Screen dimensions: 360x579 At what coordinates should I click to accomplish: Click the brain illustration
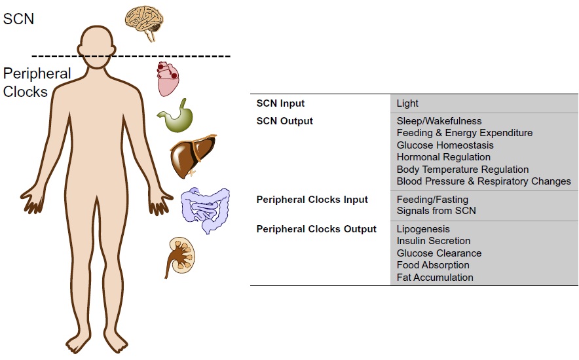pyautogui.click(x=147, y=22)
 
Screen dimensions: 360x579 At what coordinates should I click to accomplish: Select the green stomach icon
pyautogui.click(x=176, y=117)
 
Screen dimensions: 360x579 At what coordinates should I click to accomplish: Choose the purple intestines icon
pyautogui.click(x=205, y=210)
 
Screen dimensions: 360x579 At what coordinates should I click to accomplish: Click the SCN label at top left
pyautogui.click(x=18, y=18)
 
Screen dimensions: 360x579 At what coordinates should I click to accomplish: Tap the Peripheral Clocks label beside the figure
pyautogui.click(x=36, y=82)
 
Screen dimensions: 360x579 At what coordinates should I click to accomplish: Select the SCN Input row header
pyautogui.click(x=280, y=103)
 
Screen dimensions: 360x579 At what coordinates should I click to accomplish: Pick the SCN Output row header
pyautogui.click(x=284, y=121)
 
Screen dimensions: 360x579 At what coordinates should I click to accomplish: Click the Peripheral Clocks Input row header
pyautogui.click(x=312, y=200)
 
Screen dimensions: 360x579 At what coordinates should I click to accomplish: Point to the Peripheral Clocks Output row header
pyautogui.click(x=316, y=229)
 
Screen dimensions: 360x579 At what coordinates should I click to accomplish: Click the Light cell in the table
pyautogui.click(x=407, y=103)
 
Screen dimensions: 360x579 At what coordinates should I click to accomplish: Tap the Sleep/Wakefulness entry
pyautogui.click(x=439, y=121)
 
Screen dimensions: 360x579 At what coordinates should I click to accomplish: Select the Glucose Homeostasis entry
pyautogui.click(x=445, y=145)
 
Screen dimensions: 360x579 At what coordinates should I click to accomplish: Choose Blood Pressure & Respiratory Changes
pyautogui.click(x=483, y=181)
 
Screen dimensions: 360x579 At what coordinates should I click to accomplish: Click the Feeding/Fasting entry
pyautogui.click(x=432, y=200)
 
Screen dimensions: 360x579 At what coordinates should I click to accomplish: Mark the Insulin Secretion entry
pyautogui.click(x=433, y=242)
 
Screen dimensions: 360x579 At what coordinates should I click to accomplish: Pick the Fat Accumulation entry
pyautogui.click(x=435, y=278)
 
